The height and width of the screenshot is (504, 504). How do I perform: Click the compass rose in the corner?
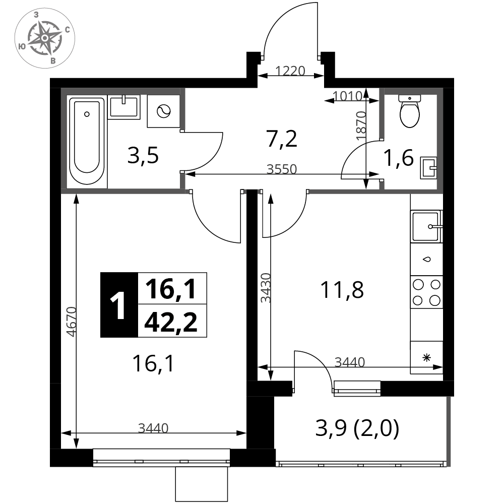[x=45, y=38]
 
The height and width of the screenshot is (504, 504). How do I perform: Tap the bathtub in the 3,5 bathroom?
[x=87, y=141]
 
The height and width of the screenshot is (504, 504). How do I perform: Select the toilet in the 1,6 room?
[x=409, y=110]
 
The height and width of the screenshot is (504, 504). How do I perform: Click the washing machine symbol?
[x=163, y=111]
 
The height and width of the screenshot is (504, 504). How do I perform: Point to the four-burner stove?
[x=426, y=292]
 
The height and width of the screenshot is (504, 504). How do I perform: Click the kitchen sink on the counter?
[x=426, y=227]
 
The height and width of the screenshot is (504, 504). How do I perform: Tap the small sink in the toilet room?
[x=428, y=168]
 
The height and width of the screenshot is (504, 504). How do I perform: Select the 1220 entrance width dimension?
[x=290, y=71]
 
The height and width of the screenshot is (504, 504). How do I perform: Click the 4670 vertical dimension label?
[x=72, y=322]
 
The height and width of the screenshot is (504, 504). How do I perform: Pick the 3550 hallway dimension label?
[x=282, y=169]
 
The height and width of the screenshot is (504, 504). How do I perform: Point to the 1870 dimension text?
[x=361, y=125]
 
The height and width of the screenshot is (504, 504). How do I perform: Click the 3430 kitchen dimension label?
[x=266, y=288]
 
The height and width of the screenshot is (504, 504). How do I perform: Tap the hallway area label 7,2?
[x=282, y=139]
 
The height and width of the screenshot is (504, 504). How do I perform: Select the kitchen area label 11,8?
[x=342, y=290]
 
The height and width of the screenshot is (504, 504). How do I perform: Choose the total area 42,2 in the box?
[x=171, y=322]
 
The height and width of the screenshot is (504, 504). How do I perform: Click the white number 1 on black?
[x=118, y=305]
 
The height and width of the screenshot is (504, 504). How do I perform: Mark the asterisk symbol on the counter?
[x=426, y=358]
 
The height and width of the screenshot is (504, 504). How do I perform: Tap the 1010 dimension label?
[x=348, y=96]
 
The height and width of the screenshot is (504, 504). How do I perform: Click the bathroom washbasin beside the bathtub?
[x=124, y=107]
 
